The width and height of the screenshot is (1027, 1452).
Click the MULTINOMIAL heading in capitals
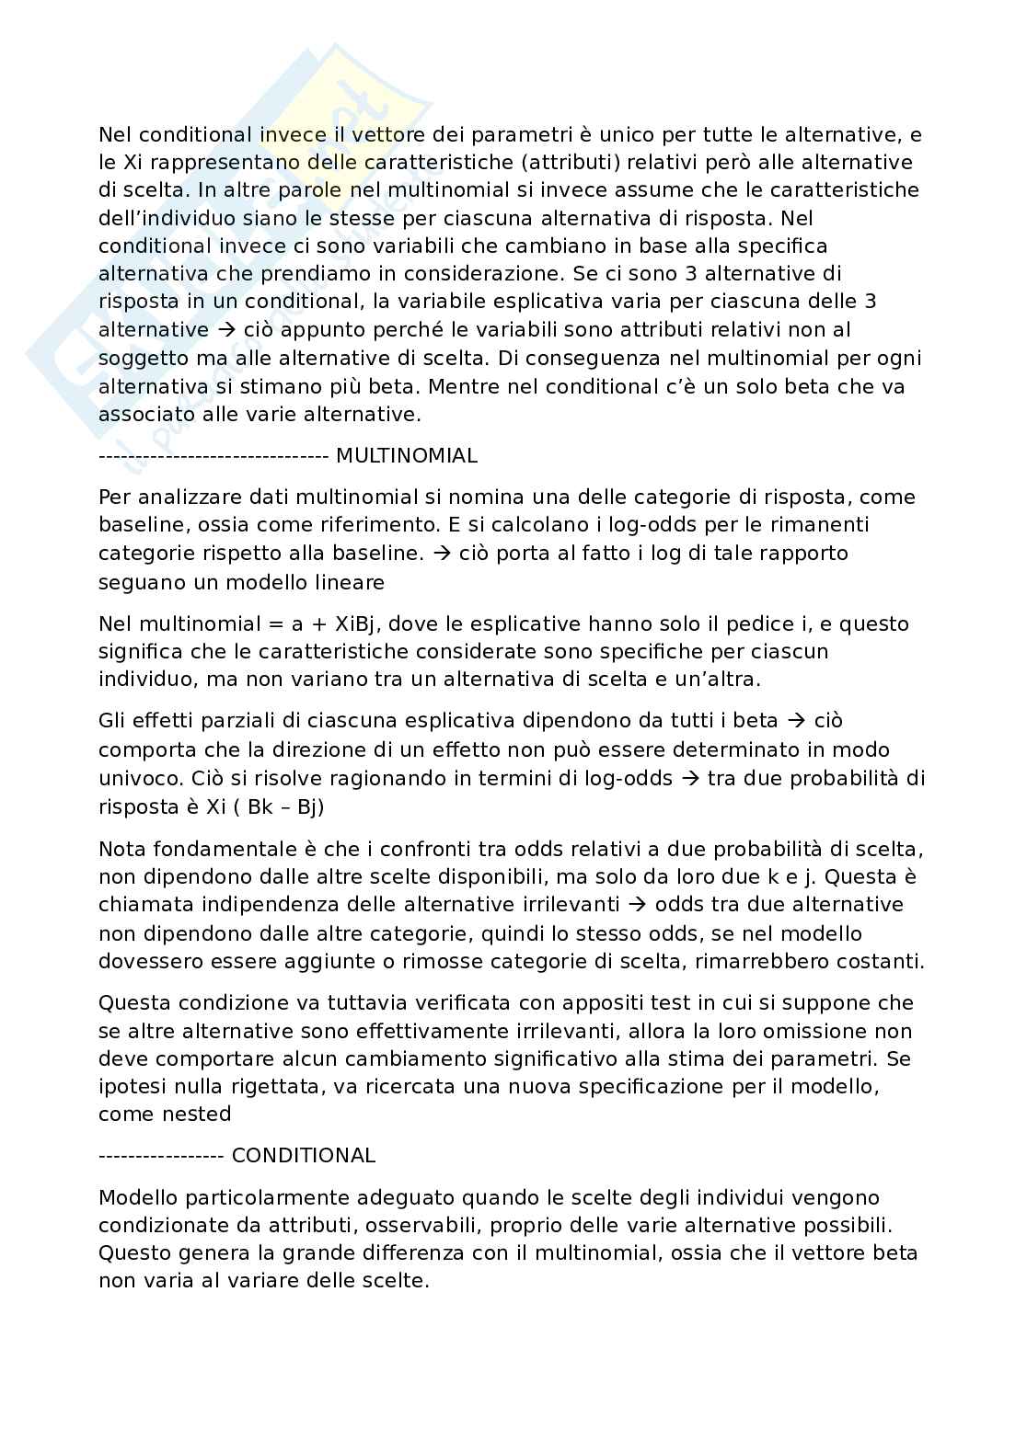point(407,455)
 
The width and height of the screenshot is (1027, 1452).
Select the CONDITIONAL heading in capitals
point(304,1156)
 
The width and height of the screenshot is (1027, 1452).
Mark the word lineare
point(350,582)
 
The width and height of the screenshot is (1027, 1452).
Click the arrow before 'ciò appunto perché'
point(225,330)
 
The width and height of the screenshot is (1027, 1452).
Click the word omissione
point(838,1031)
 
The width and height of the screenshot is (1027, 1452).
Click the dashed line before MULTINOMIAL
point(213,455)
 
